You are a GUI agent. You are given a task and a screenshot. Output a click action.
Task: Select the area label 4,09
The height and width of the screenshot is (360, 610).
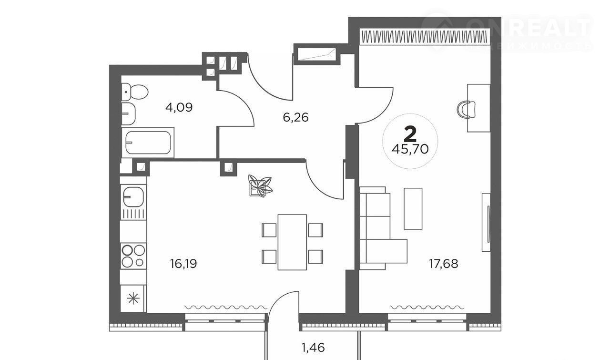click(x=179, y=107)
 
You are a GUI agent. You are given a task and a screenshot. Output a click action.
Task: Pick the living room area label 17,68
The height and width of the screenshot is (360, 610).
click(x=443, y=263)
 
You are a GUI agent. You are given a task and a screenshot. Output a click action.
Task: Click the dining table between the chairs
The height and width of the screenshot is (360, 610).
click(x=292, y=242)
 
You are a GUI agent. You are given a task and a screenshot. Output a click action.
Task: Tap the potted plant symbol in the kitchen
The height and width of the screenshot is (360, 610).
click(x=260, y=185)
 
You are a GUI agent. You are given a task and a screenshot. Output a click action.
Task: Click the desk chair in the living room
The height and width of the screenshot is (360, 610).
click(x=467, y=109)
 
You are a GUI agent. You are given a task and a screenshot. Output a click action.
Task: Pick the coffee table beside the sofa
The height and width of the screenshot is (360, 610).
click(x=413, y=208)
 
